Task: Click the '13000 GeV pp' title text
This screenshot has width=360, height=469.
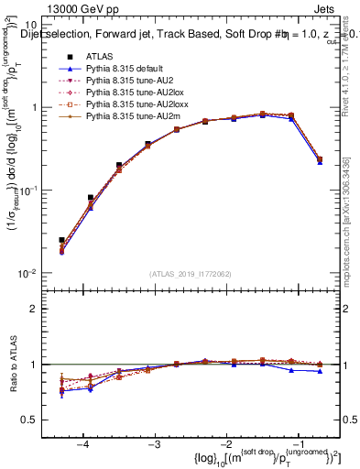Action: pyautogui.click(x=62, y=8)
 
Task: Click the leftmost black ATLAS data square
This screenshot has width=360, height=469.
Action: pyautogui.click(x=61, y=240)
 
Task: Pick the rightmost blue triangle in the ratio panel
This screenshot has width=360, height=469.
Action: pyautogui.click(x=320, y=371)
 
